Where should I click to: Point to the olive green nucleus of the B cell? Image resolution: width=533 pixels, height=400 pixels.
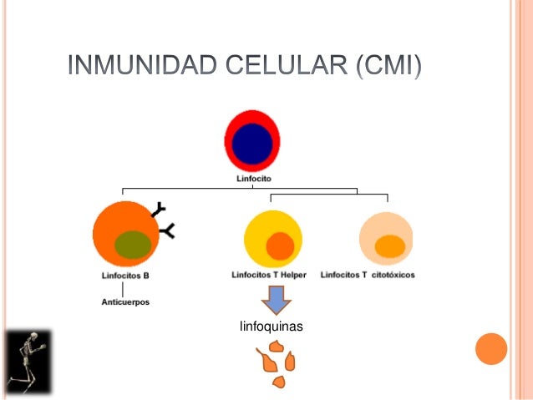point(132,243)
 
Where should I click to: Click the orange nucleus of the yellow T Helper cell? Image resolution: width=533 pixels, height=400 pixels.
point(280,246)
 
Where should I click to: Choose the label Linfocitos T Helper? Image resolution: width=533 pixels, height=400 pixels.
point(272,275)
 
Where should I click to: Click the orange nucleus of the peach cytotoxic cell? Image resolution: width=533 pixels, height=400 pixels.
point(389,246)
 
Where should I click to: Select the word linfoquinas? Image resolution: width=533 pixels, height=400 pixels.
point(271,327)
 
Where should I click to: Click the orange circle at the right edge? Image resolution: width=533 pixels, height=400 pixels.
point(491,349)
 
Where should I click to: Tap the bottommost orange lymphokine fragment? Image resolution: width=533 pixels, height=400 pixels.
point(279,382)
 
